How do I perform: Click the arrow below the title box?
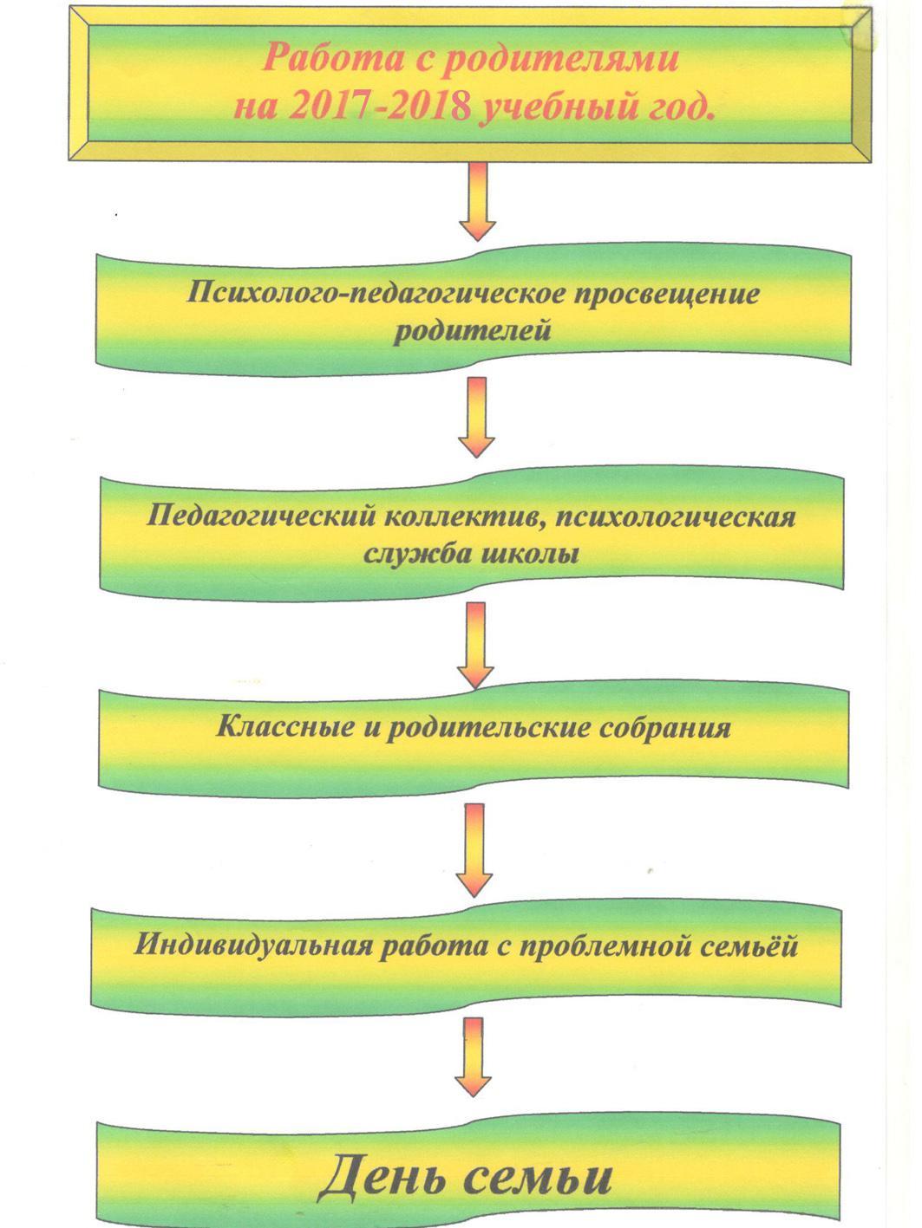point(478,201)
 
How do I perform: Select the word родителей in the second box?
point(472,331)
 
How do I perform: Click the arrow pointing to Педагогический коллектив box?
point(476,418)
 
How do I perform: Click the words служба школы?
point(471,554)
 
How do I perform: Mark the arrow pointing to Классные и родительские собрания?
point(475,646)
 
